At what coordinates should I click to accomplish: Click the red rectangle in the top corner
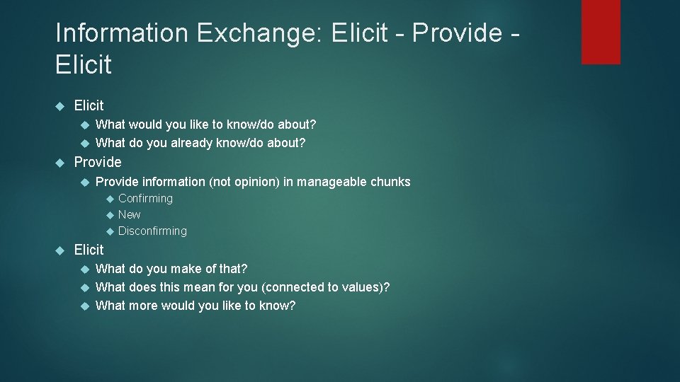coord(601,32)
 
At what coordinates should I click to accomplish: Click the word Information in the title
coord(122,33)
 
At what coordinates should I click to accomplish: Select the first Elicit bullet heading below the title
coord(89,105)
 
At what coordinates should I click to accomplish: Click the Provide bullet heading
coord(98,162)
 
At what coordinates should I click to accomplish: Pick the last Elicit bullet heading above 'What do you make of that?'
coord(89,250)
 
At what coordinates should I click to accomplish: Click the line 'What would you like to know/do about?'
coord(205,125)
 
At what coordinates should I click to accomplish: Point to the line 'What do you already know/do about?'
coord(200,143)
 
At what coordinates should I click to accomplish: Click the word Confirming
coord(145,199)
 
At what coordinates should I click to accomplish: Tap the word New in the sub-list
coord(129,214)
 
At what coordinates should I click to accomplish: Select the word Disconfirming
coord(152,231)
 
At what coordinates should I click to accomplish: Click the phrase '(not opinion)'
coord(244,182)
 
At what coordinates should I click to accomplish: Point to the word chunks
coord(389,182)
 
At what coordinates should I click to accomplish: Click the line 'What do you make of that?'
coord(171,269)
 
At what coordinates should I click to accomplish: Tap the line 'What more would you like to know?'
coord(195,306)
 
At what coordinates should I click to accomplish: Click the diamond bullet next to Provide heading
coord(59,162)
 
